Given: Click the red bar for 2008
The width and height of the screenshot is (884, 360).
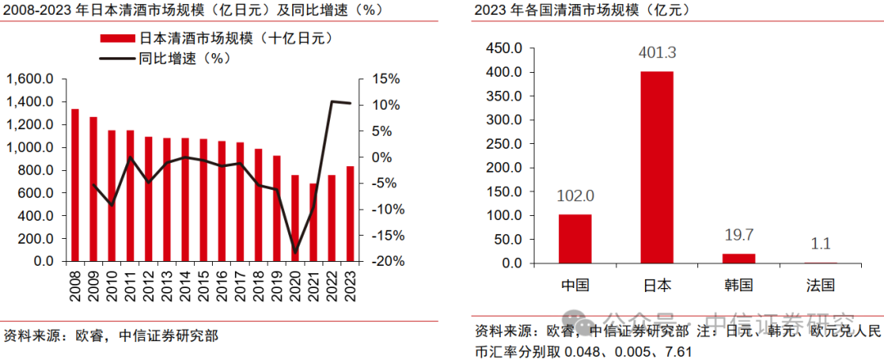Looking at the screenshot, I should pyautogui.click(x=75, y=185).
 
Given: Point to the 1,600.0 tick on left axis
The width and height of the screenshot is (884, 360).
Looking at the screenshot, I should pyautogui.click(x=30, y=79).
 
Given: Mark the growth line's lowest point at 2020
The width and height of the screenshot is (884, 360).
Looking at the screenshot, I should pyautogui.click(x=296, y=252).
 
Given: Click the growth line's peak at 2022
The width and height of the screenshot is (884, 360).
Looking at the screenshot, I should pyautogui.click(x=331, y=101).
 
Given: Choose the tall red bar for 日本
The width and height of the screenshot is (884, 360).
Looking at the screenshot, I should pyautogui.click(x=656, y=167).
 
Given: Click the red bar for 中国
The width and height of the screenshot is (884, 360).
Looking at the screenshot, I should pyautogui.click(x=575, y=239).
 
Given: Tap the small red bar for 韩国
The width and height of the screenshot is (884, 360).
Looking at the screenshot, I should pyautogui.click(x=738, y=259).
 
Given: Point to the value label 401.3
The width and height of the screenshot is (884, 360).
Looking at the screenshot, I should pyautogui.click(x=656, y=54).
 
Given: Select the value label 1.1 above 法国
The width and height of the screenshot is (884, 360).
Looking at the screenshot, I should pyautogui.click(x=819, y=244).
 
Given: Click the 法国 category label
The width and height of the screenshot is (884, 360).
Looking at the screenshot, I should pyautogui.click(x=819, y=286).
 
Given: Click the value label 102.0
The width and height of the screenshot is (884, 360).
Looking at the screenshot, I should pyautogui.click(x=575, y=196).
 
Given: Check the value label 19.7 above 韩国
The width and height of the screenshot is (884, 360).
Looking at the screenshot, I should pyautogui.click(x=738, y=236).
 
